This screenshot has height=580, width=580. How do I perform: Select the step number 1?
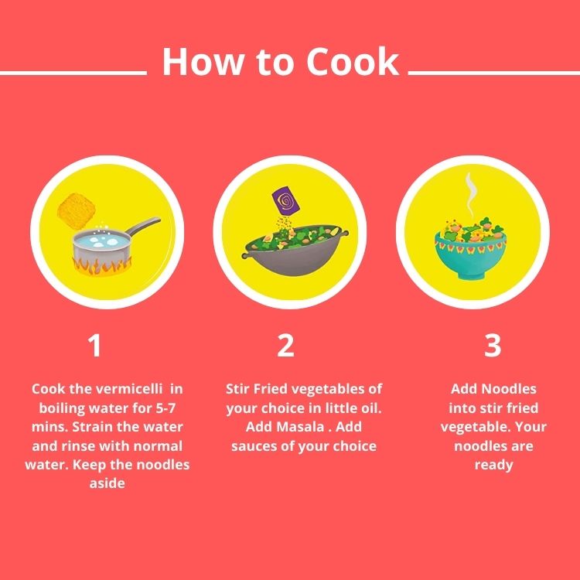(94, 346)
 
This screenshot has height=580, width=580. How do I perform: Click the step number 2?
(285, 346)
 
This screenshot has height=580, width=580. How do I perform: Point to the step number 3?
(493, 346)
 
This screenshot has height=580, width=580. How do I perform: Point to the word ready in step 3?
(493, 465)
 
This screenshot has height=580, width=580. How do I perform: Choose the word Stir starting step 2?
(240, 389)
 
